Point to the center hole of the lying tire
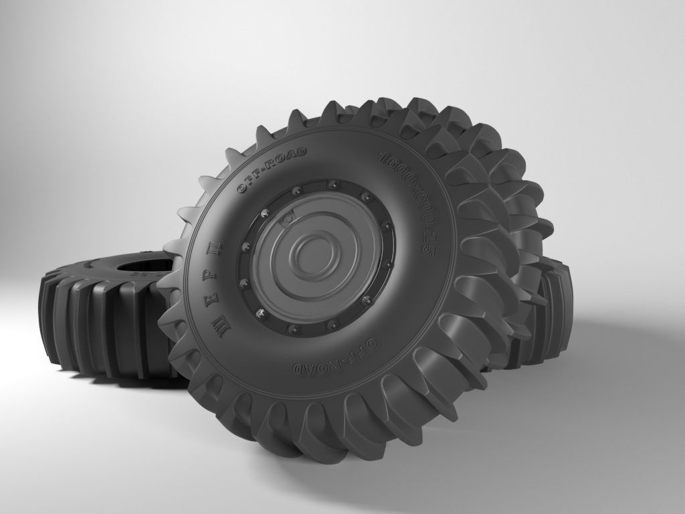pos(144,265)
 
